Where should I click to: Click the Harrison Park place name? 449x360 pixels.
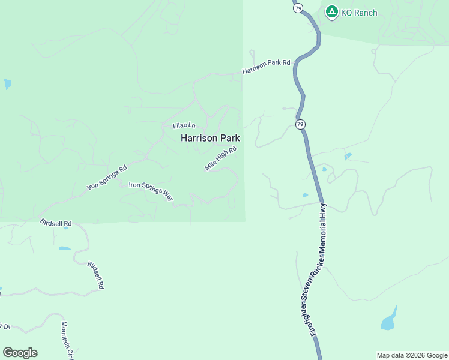[210, 138]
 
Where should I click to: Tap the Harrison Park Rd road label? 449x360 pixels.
[266, 67]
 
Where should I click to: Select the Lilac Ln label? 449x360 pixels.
[184, 125]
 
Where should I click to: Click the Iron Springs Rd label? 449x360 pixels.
[107, 178]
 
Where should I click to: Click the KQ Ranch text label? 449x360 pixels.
[360, 13]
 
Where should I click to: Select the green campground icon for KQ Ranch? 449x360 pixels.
[331, 11]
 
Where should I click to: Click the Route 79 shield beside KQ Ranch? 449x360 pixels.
[299, 7]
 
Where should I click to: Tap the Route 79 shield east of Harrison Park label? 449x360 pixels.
[300, 124]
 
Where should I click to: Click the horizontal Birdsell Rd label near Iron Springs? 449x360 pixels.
[56, 223]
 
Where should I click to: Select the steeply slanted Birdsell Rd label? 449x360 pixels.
[96, 275]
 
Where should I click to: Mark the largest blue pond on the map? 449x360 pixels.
[389, 320]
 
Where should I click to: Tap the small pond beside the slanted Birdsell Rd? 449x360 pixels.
[64, 248]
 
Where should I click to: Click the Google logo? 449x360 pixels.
[20, 353]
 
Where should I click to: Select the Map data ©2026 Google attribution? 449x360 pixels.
[411, 355]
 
